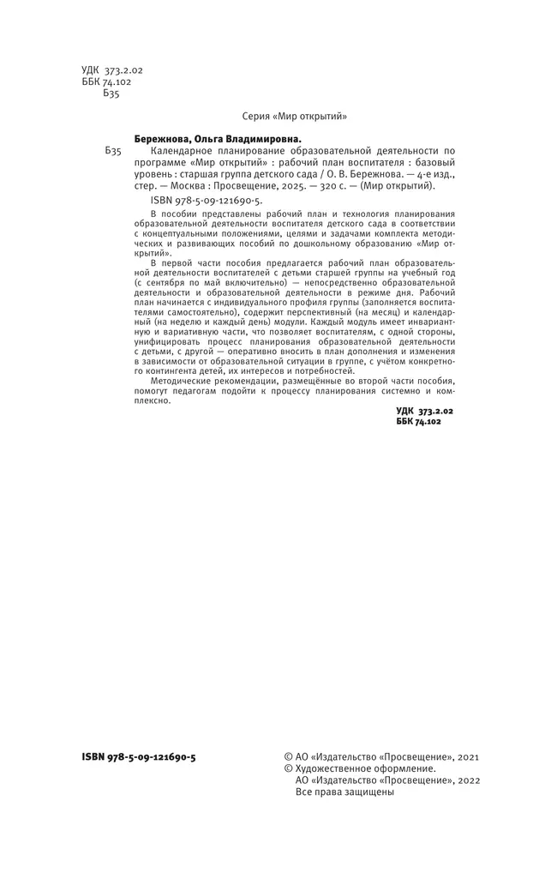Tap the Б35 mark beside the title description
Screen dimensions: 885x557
tap(114, 150)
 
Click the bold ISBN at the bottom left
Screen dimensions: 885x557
tap(139, 757)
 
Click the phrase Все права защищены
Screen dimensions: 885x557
tap(344, 792)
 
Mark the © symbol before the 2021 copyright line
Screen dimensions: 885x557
tap(288, 757)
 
